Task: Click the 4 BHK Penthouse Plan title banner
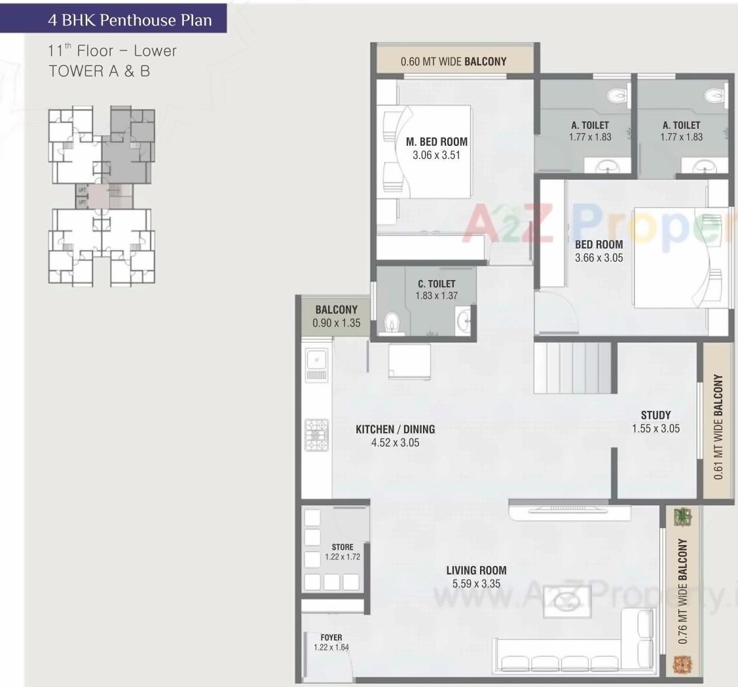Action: point(130,20)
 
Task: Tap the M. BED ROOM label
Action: point(437,141)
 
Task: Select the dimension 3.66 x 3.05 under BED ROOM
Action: point(599,258)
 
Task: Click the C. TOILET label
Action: point(436,283)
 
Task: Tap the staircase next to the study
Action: point(574,368)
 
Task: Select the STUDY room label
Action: point(655,415)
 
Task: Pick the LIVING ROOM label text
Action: point(476,570)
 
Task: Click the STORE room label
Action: point(342,547)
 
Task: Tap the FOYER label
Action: point(331,637)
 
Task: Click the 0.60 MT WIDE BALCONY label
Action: point(453,62)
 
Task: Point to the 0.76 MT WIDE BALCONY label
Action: point(682,592)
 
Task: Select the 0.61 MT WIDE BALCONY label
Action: point(718,427)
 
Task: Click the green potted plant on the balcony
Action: point(682,516)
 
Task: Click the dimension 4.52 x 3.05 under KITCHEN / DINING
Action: point(395,442)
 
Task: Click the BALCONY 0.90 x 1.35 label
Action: point(337,316)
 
